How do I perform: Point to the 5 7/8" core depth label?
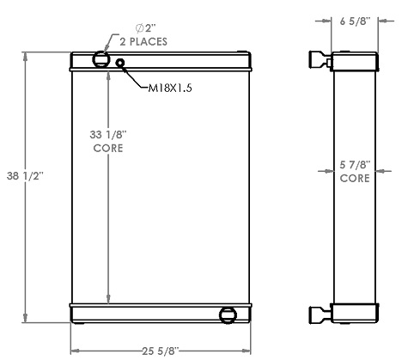[354, 165]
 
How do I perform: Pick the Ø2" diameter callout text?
[129, 27]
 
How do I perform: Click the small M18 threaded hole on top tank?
[120, 63]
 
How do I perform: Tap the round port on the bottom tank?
[228, 314]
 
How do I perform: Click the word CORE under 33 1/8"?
[107, 148]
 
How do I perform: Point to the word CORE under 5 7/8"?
[354, 180]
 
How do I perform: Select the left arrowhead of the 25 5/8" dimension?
[74, 350]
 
